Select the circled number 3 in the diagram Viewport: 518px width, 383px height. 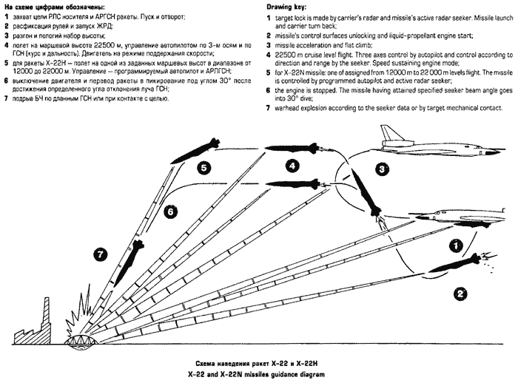pos(382,169)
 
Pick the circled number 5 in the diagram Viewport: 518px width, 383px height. pos(203,168)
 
